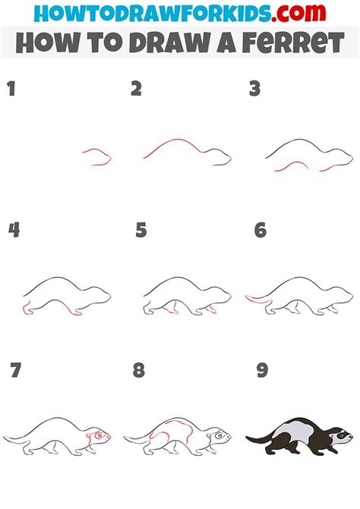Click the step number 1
[x=11, y=90]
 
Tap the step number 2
[x=136, y=90]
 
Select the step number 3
[x=255, y=90]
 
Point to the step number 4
[x=14, y=229]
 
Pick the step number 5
[x=141, y=229]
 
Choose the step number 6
[x=261, y=229]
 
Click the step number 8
[x=138, y=371]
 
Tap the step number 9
[x=262, y=371]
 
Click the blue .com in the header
[x=301, y=13]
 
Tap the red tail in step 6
[x=255, y=298]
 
